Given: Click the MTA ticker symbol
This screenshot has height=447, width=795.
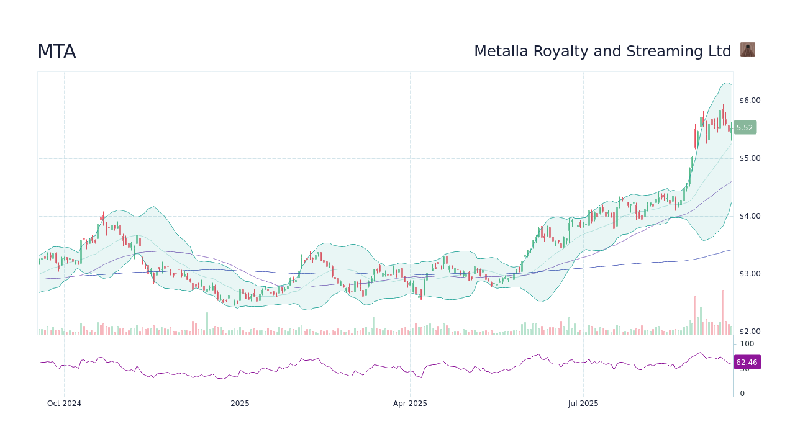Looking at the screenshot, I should click(x=57, y=52).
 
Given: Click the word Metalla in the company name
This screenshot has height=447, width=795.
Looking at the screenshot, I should click(x=500, y=52).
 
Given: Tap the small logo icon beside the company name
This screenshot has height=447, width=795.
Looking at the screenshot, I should click(x=747, y=50).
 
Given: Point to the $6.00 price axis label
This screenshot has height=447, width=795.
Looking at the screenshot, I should click(x=750, y=101).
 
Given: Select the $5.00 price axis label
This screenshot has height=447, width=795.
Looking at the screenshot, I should click(x=750, y=158).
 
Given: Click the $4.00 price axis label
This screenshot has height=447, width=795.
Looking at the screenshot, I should click(x=750, y=216).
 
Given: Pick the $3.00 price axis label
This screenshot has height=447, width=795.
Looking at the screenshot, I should click(x=750, y=274).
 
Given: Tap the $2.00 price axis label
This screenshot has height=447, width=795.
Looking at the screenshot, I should click(x=750, y=332).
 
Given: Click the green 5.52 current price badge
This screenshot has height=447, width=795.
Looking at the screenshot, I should click(x=745, y=128).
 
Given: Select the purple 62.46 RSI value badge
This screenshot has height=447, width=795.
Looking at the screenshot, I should click(x=747, y=363).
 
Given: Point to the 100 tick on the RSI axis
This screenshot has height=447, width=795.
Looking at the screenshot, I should click(x=747, y=344).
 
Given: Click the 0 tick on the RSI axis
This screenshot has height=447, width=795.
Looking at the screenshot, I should click(x=742, y=394).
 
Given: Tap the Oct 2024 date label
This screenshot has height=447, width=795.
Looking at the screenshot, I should click(x=64, y=404).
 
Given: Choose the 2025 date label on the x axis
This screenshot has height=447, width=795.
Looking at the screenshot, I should click(x=240, y=404).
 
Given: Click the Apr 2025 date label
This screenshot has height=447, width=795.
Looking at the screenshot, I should click(x=410, y=404).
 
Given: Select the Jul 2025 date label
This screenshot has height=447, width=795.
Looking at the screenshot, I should click(x=583, y=404).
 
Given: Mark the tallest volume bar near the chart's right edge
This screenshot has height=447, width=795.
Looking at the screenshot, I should click(x=723, y=312).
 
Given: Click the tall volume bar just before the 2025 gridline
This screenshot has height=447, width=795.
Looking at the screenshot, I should click(x=207, y=323).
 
